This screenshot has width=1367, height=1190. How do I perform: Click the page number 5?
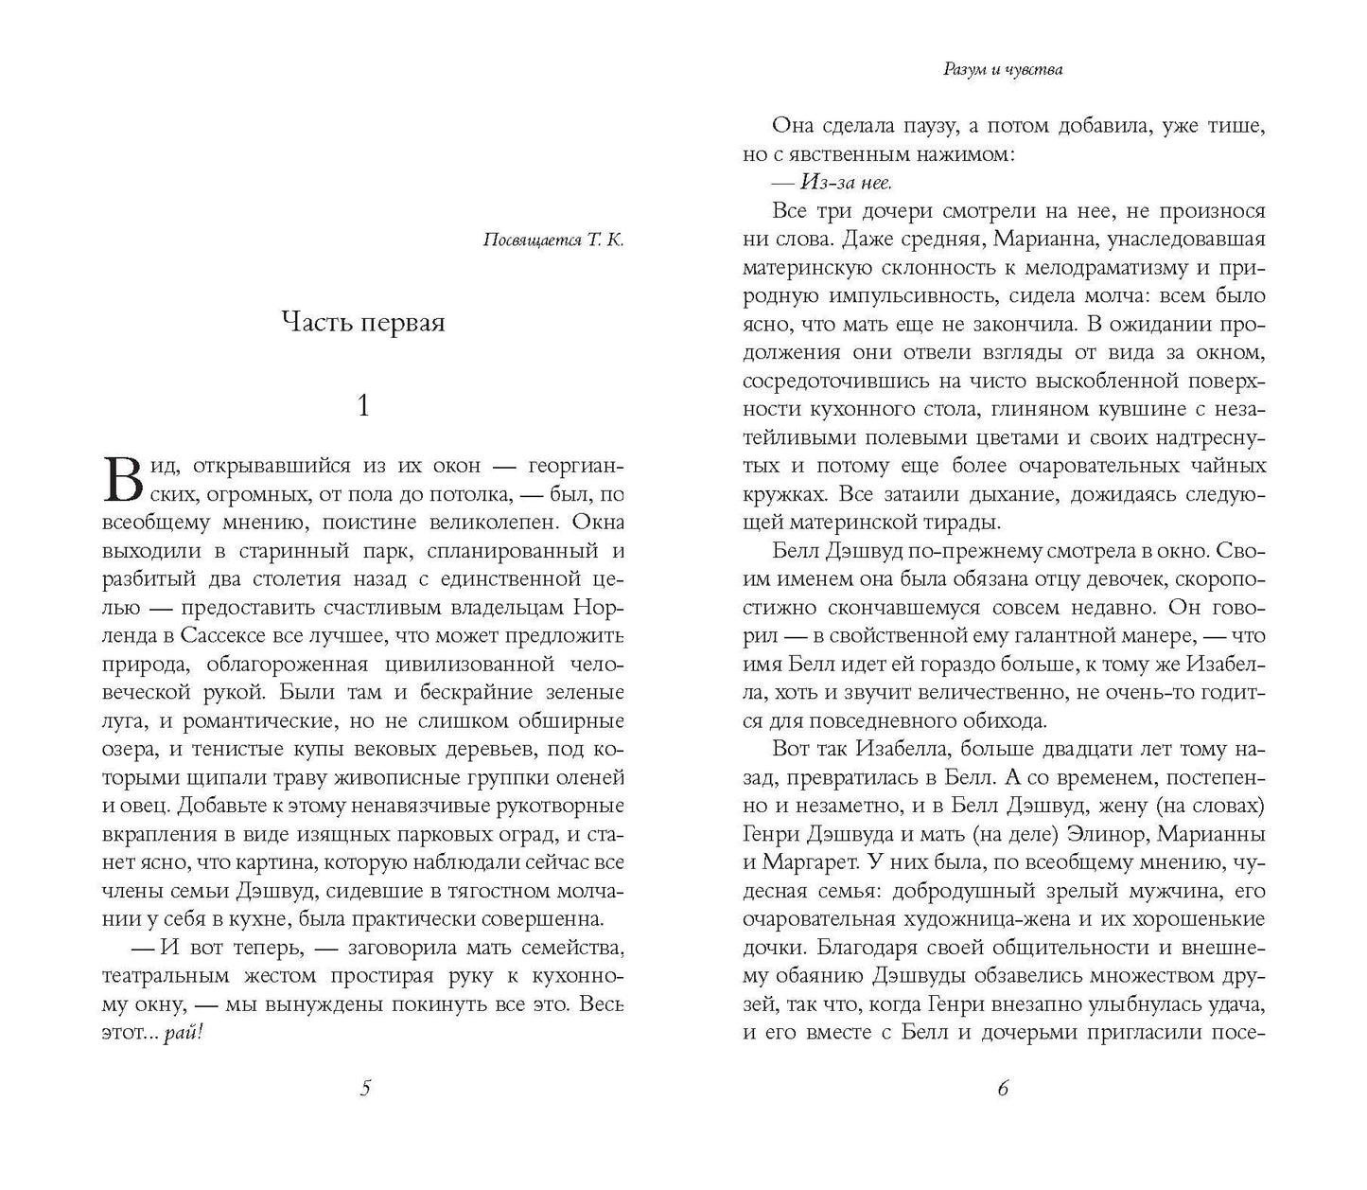tap(365, 1089)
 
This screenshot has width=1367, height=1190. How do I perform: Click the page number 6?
tap(1003, 1089)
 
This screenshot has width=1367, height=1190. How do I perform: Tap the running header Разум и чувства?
tap(1002, 69)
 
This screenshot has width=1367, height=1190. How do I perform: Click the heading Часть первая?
tap(364, 322)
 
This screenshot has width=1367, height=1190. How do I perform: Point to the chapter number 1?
tap(364, 406)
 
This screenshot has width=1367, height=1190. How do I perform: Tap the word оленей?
tap(592, 778)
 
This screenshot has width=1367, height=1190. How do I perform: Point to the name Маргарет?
tap(819, 862)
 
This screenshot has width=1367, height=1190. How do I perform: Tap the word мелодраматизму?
tap(1109, 266)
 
